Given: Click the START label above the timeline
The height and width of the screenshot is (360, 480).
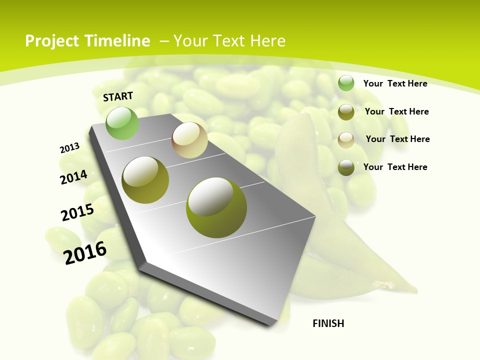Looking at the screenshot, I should [x=118, y=96].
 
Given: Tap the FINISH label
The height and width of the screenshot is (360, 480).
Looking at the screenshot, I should [x=328, y=323].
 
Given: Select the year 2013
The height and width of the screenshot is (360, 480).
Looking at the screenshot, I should [x=69, y=148].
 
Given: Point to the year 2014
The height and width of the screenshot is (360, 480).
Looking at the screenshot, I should [x=73, y=177].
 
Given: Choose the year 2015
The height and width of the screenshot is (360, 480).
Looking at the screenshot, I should [x=77, y=212].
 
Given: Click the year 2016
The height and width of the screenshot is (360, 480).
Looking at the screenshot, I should [x=85, y=252].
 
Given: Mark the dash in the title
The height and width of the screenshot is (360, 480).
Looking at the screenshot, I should [x=164, y=41].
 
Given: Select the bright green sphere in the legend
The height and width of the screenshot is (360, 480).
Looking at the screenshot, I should [x=346, y=83].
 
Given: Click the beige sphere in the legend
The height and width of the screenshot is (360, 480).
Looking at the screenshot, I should [x=346, y=139].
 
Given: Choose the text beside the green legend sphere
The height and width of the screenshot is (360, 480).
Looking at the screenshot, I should [x=395, y=83].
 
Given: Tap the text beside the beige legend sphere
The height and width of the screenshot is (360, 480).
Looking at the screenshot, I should [x=397, y=139].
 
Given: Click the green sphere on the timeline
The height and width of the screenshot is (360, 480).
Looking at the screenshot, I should [x=122, y=123].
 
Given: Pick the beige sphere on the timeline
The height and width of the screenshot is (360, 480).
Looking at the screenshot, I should [x=189, y=140].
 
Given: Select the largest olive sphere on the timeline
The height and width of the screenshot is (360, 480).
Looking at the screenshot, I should [x=216, y=207].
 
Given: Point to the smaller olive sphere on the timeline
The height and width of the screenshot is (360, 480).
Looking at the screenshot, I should [x=145, y=179].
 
